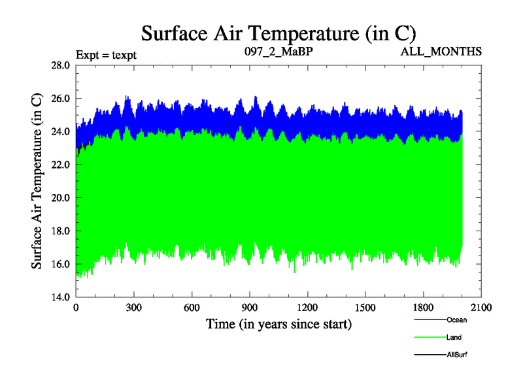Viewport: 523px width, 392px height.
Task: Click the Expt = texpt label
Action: [106, 54]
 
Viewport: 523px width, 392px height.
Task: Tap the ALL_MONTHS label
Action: [442, 51]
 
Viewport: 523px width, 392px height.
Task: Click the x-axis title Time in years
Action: [279, 324]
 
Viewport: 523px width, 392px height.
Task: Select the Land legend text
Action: [454, 338]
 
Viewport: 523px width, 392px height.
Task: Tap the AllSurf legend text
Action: [457, 355]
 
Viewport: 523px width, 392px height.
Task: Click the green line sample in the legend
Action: [430, 337]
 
